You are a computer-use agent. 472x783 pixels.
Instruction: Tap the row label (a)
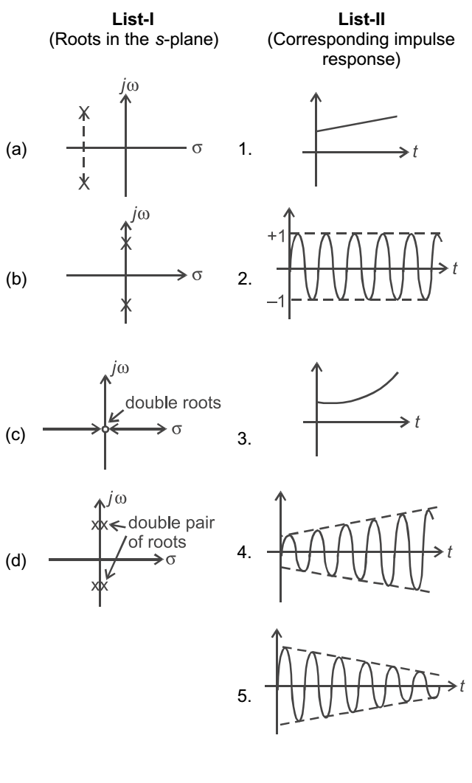[16, 150]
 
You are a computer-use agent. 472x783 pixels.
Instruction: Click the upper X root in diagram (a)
[84, 113]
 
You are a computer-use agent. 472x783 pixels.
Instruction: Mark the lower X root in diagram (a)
[84, 182]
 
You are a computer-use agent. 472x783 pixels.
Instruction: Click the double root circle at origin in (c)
[105, 428]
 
